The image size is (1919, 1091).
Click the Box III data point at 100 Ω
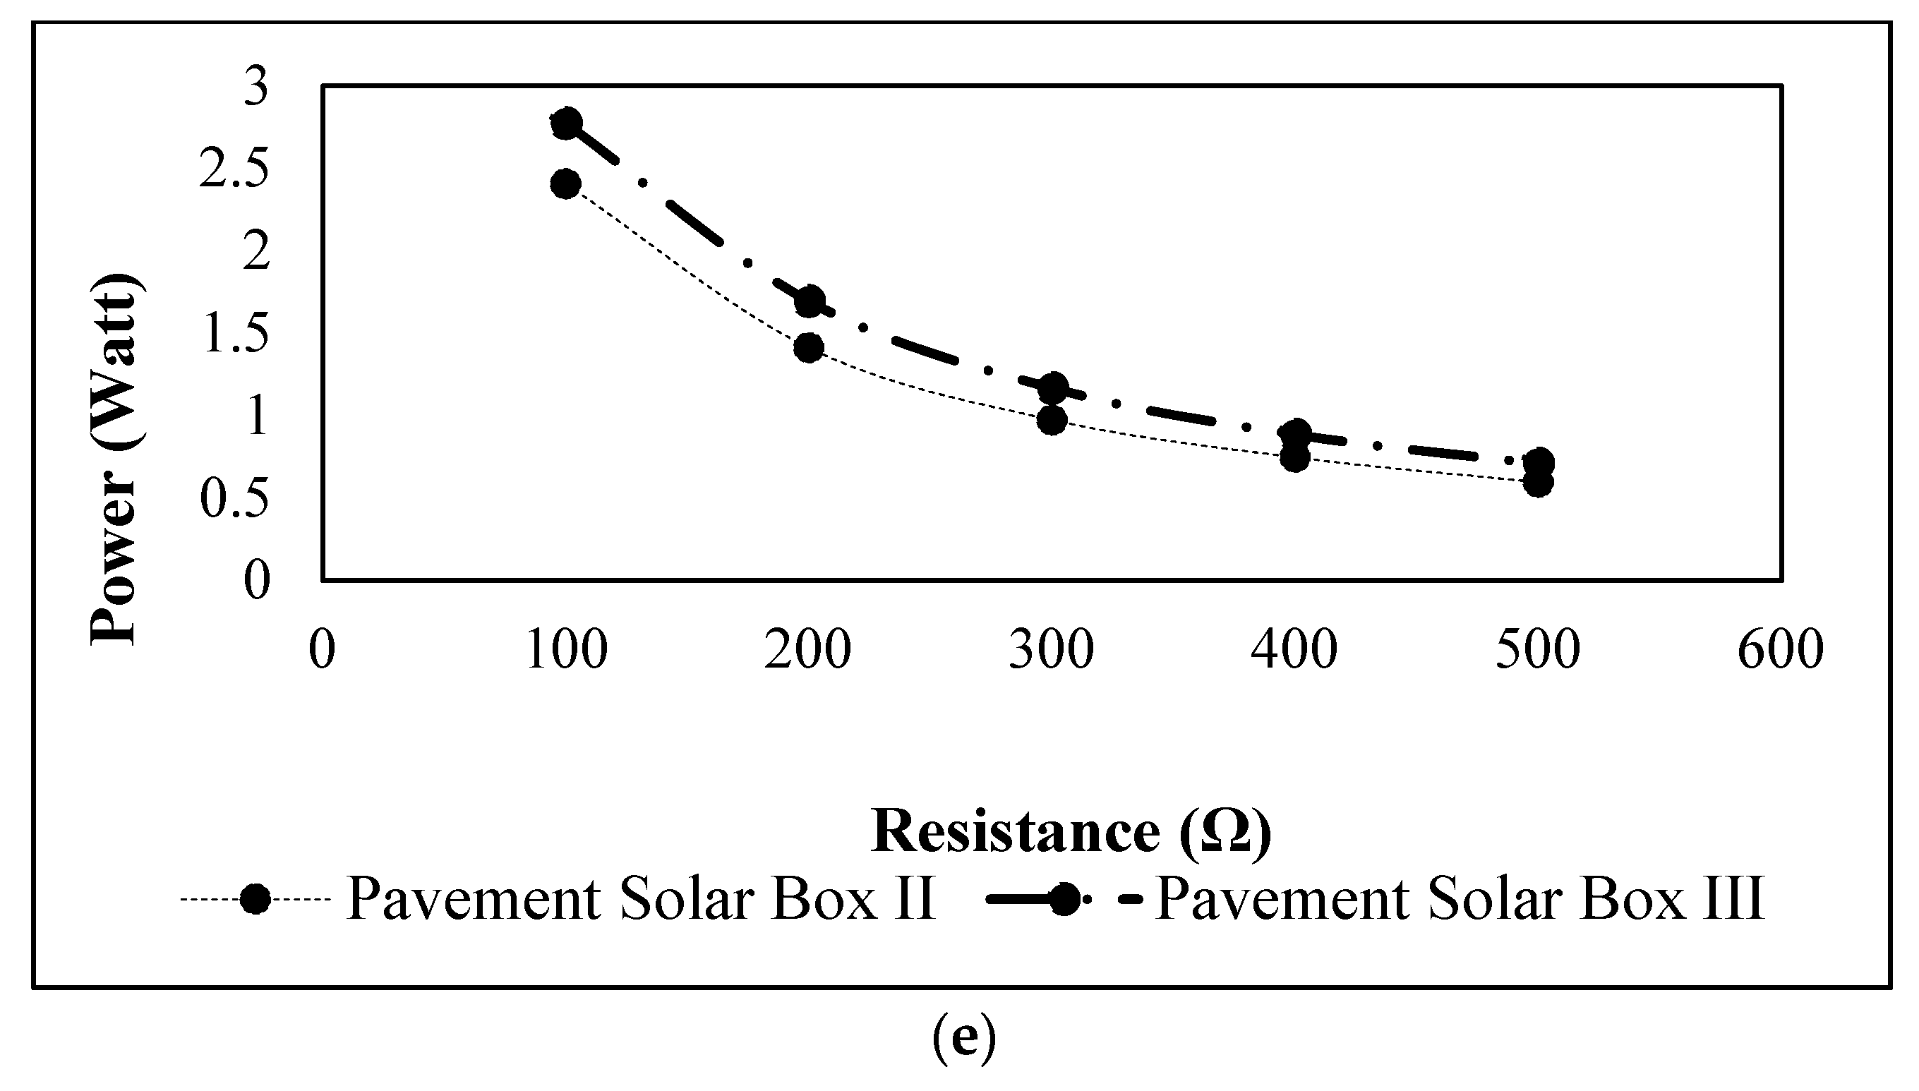566,123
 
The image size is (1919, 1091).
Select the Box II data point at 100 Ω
566,183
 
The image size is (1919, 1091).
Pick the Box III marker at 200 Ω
810,301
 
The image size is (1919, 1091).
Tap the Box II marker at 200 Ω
809,348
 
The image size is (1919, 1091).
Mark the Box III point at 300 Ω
1053,387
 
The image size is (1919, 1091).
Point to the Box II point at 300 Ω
1052,421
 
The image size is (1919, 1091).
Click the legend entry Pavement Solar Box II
641,898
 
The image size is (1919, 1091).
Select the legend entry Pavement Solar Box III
1460,898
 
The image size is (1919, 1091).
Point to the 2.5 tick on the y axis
234,171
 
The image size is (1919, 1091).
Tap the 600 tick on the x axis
1781,650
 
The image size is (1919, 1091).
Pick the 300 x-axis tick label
1052,650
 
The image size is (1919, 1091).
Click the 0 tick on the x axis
323,650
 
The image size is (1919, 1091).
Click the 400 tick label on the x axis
1294,650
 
